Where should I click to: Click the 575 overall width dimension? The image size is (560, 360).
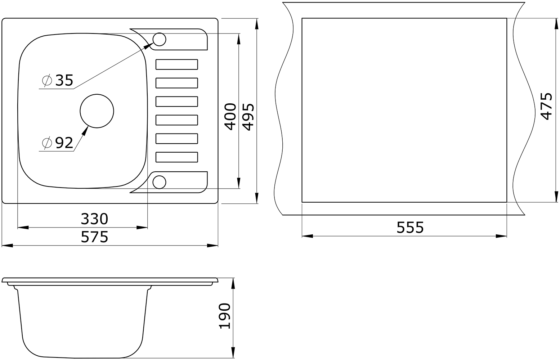(94, 237)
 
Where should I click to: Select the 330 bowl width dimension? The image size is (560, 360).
(94, 219)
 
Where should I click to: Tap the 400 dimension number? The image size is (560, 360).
(230, 117)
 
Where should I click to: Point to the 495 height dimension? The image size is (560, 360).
(248, 117)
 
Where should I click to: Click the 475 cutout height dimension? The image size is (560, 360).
(546, 107)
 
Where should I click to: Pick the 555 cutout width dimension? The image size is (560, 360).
(410, 228)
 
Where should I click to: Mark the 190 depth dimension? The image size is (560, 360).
(224, 316)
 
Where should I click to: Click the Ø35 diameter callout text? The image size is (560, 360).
(58, 80)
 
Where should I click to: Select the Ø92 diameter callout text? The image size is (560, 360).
(58, 143)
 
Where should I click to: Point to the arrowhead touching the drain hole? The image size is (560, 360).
(85, 131)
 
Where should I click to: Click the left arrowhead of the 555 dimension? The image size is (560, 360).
(308, 236)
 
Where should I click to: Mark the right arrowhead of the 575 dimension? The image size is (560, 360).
(212, 246)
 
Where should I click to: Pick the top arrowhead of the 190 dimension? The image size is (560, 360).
(233, 283)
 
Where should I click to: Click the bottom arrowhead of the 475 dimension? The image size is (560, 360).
(556, 197)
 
